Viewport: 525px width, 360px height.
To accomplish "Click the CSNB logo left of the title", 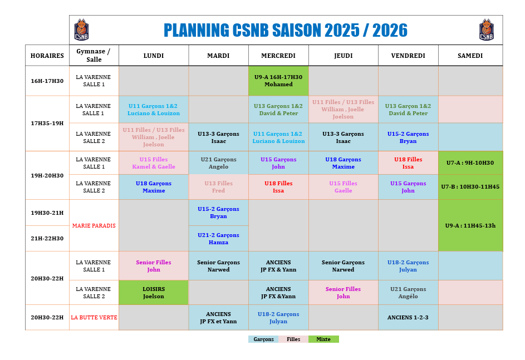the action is (x=81, y=30).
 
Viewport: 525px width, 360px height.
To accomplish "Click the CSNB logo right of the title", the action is (x=487, y=30).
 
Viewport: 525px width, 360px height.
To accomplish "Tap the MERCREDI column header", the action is (x=278, y=56).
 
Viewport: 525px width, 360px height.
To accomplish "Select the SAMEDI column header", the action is (x=470, y=56).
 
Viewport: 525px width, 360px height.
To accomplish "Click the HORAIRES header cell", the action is (x=47, y=56).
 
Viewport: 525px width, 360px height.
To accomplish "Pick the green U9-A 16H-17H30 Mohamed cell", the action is (x=278, y=81).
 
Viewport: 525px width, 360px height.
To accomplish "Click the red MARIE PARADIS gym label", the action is (x=94, y=225).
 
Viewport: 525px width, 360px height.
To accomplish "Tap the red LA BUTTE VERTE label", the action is (x=94, y=318).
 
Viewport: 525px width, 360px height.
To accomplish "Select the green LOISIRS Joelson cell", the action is (x=154, y=293).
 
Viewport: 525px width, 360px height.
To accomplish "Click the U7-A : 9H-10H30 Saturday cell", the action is (x=470, y=163).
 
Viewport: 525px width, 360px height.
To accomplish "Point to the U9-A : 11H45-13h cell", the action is (x=470, y=225).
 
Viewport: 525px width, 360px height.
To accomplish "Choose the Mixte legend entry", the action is (x=323, y=339).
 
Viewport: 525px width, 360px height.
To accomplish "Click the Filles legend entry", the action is (x=293, y=339).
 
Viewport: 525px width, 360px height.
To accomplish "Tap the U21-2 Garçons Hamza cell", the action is (x=218, y=239).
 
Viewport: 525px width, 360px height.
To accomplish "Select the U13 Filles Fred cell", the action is (x=218, y=187).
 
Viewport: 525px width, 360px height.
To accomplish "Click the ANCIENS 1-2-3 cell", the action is (x=408, y=318).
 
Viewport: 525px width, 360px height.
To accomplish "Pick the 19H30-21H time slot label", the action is (x=47, y=213).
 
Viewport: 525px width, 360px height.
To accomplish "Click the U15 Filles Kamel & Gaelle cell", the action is (x=154, y=163).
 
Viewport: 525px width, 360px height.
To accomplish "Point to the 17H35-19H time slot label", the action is (x=47, y=123).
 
